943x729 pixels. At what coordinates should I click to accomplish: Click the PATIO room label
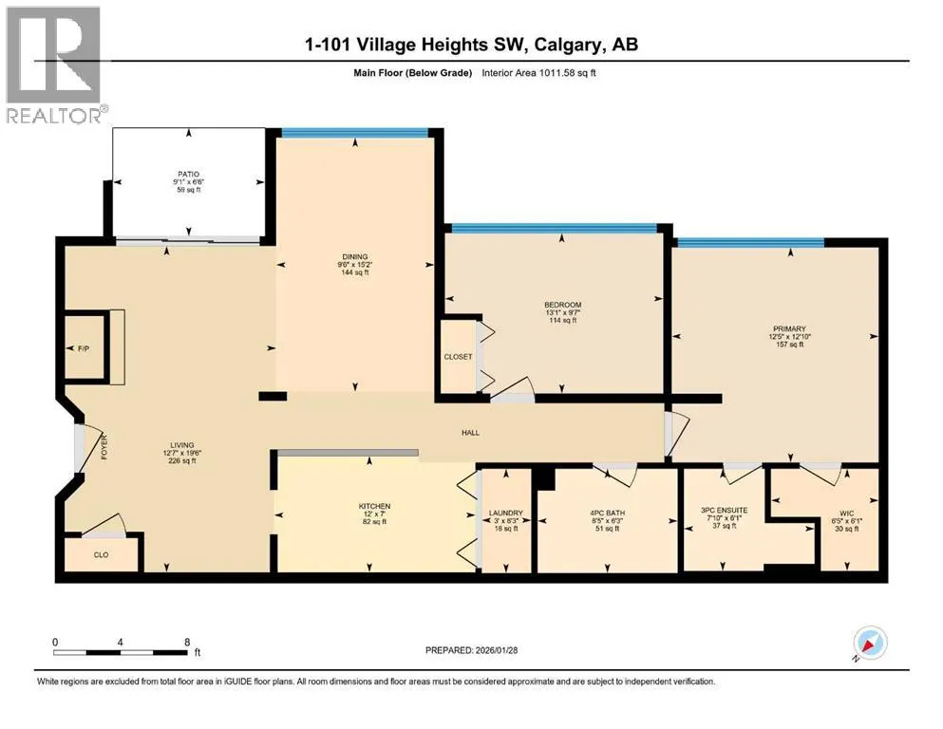[188, 175]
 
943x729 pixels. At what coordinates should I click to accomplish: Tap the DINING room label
[355, 256]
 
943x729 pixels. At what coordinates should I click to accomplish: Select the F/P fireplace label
[84, 348]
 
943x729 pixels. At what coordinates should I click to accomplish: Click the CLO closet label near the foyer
[101, 554]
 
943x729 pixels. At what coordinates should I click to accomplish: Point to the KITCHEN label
[374, 507]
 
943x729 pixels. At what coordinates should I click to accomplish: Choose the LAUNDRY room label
[506, 514]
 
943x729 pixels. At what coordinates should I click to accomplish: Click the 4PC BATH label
[608, 514]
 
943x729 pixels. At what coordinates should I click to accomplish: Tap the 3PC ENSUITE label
[724, 511]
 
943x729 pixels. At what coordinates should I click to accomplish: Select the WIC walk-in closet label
[847, 514]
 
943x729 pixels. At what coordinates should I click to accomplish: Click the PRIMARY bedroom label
[789, 328]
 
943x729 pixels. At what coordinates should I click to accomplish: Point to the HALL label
[470, 433]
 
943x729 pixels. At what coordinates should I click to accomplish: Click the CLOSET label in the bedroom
[458, 357]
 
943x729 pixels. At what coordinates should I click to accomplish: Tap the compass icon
[870, 643]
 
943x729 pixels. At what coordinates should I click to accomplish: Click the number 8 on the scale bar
[188, 642]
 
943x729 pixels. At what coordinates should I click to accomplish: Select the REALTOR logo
[55, 65]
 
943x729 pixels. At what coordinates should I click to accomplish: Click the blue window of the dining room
[355, 133]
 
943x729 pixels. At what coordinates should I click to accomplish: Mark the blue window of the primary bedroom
[750, 243]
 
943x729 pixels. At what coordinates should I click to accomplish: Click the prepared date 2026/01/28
[496, 650]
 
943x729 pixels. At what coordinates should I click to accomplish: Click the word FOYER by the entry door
[104, 447]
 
